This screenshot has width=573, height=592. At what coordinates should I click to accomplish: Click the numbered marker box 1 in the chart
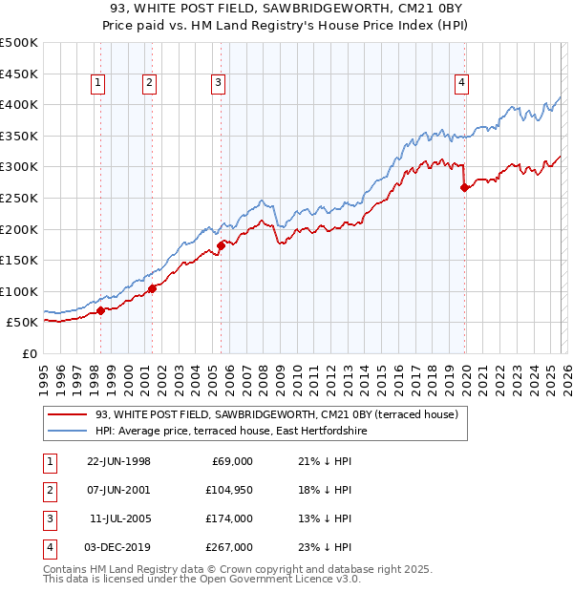coord(99,84)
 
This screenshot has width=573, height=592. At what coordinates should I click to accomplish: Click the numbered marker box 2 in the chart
coord(150,84)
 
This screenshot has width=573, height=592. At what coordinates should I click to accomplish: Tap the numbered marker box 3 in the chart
coord(219,84)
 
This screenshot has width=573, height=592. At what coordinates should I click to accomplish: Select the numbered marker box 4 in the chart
coord(461,84)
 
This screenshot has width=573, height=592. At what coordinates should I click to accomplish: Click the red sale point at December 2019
coord(464,187)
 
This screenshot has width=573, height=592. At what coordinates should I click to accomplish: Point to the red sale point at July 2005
coord(221,245)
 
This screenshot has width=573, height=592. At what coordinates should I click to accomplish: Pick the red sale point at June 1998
coord(101,310)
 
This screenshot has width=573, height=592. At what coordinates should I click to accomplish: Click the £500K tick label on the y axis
coord(19,43)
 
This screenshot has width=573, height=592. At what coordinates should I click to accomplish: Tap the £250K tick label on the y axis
coord(19,198)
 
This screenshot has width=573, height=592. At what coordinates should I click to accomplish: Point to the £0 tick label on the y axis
coord(29,353)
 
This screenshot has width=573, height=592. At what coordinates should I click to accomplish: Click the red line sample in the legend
coord(67,415)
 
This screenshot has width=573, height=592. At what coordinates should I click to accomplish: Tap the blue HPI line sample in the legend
coord(67,432)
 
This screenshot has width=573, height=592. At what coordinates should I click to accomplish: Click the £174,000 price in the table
coord(229,518)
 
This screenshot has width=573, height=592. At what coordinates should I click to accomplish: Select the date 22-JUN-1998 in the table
coord(118,461)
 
